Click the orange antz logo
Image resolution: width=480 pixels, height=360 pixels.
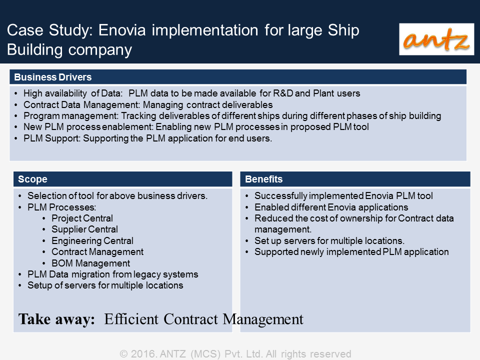[x=436, y=39]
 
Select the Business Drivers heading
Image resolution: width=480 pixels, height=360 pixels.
[x=53, y=77]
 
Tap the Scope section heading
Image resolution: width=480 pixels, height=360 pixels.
[x=33, y=179]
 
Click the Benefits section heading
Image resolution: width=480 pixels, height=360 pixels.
[x=264, y=179]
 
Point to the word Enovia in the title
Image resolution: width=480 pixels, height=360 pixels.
[x=122, y=30]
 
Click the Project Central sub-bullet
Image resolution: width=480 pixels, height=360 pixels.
[x=82, y=218]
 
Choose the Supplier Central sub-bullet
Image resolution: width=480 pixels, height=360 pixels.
[x=84, y=229]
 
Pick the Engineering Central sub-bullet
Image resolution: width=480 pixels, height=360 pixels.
[x=92, y=241]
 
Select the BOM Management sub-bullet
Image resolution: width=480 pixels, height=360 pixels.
[x=90, y=263]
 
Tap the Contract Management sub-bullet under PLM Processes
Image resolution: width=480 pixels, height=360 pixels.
[x=97, y=252]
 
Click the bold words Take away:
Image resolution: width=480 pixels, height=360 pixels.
[x=56, y=319]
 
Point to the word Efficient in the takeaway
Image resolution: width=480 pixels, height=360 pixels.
[x=131, y=319]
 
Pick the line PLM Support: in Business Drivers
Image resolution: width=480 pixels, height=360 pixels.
[x=52, y=138]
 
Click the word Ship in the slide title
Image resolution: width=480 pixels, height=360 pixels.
[x=343, y=30]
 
